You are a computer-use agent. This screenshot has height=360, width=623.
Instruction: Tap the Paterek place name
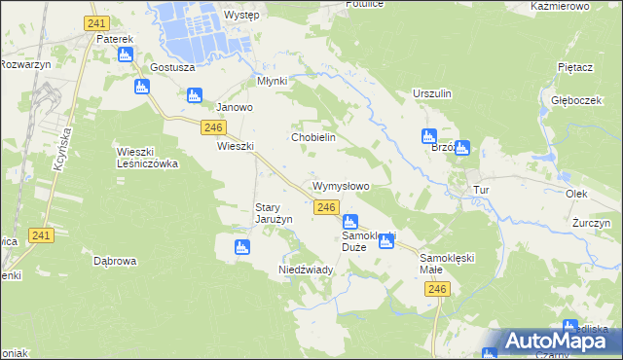(114, 39)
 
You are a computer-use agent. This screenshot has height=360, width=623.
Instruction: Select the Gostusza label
(173, 68)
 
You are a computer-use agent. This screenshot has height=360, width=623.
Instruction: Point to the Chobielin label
(313, 137)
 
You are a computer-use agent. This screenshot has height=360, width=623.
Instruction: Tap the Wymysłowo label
(340, 185)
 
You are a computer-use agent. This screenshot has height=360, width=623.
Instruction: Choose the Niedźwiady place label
(307, 269)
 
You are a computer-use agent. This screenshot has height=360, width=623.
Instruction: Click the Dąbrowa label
(115, 261)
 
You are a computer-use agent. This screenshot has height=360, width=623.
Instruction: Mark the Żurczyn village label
(591, 223)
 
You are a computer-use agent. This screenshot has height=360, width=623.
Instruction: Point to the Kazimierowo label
(562, 6)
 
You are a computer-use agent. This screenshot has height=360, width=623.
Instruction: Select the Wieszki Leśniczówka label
(147, 158)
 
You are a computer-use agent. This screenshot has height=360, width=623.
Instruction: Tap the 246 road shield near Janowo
(215, 127)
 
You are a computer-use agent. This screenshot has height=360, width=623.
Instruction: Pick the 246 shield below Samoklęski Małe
(441, 290)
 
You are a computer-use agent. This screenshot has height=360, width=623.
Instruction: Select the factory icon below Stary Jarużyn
(242, 248)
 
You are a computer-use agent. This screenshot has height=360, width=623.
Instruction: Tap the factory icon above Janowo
(194, 95)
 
